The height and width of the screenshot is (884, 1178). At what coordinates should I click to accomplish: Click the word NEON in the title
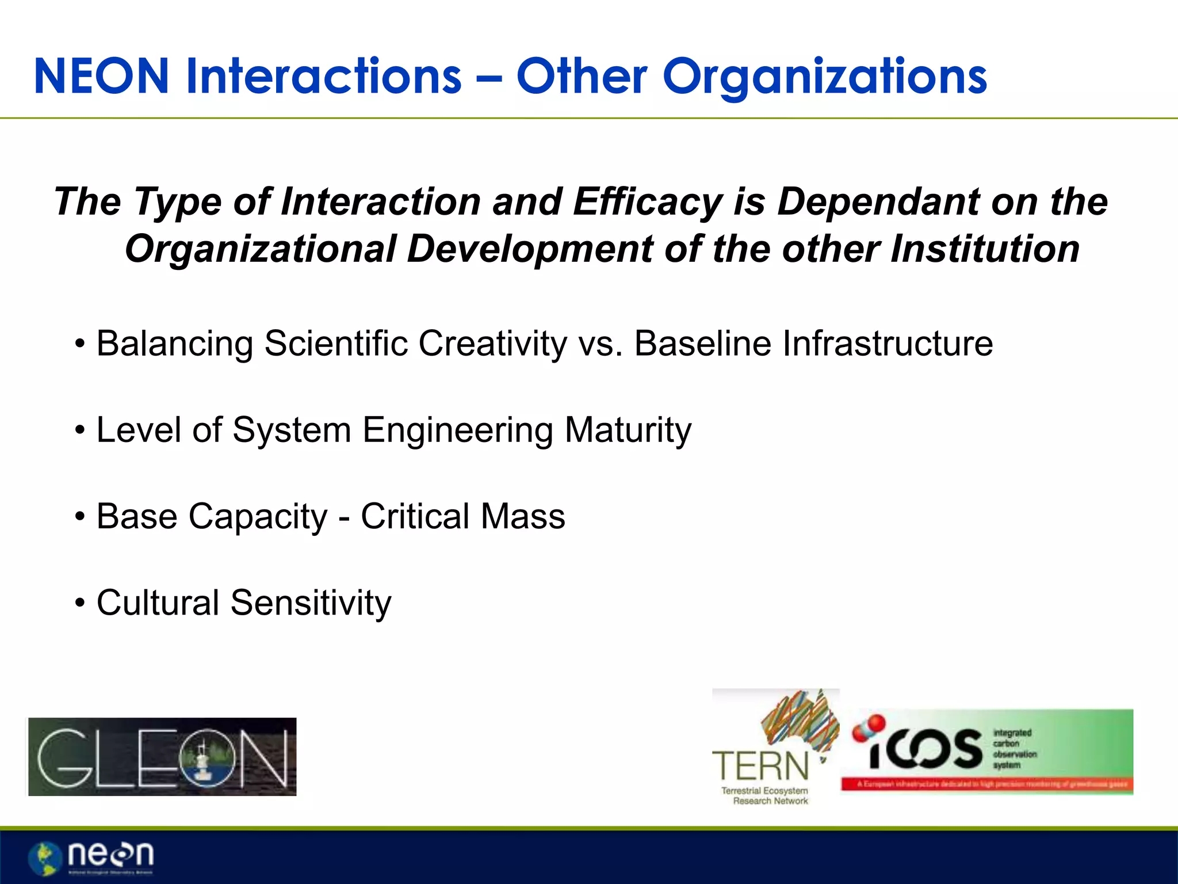coord(101,77)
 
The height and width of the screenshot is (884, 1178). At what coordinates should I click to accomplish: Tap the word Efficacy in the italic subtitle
coord(648,203)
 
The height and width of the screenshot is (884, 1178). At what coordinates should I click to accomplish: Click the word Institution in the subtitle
coord(985,249)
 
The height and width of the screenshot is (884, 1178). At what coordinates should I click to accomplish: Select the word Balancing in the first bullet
coord(174,344)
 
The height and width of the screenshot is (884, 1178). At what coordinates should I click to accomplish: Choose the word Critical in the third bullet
coord(415,516)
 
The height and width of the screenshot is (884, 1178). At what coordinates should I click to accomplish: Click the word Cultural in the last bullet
coord(158,603)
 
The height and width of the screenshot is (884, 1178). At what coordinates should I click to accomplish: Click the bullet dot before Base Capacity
coord(80,517)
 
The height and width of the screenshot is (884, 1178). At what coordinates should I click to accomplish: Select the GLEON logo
coord(162,757)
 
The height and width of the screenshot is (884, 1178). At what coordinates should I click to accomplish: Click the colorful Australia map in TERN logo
coord(801,722)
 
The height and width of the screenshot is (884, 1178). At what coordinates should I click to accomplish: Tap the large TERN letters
coord(760,767)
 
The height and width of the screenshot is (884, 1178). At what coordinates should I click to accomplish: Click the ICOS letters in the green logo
coord(925,749)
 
